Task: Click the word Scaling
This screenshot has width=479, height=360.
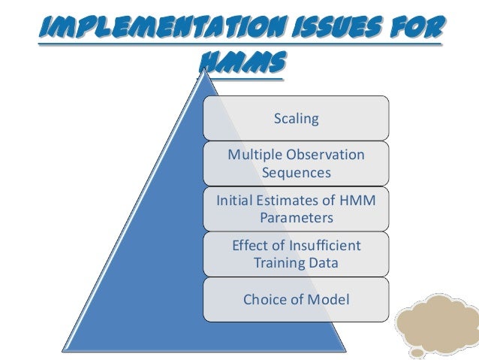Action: [x=297, y=119]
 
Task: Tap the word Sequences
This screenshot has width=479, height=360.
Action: [x=297, y=173]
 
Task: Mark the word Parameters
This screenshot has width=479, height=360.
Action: [x=297, y=219]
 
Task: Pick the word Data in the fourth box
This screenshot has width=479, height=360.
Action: [x=323, y=264]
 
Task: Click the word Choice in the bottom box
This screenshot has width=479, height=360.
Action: [x=264, y=299]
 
